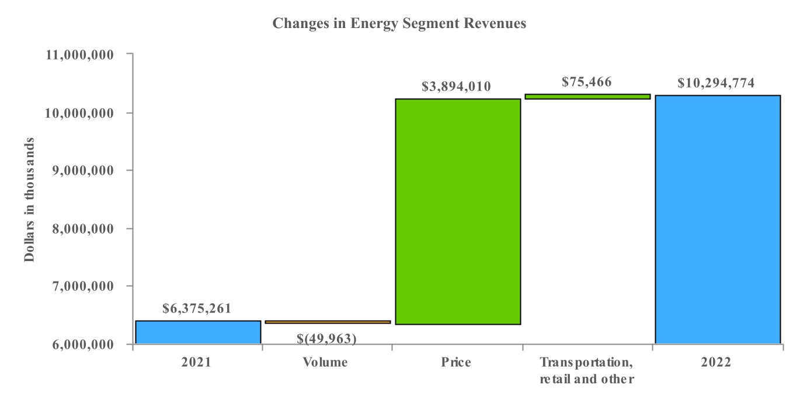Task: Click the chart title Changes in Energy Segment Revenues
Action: coord(399,24)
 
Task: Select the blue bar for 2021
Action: coord(198,332)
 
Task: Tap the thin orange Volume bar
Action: coord(328,322)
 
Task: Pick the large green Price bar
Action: coord(457,211)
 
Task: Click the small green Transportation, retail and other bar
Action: coord(587,96)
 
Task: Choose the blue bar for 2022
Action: coord(717,219)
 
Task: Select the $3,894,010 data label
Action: coord(456,87)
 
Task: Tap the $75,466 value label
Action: coord(586,82)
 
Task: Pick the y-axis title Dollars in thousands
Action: coord(29,200)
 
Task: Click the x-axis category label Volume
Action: coord(325,362)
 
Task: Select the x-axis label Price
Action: coord(456,362)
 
